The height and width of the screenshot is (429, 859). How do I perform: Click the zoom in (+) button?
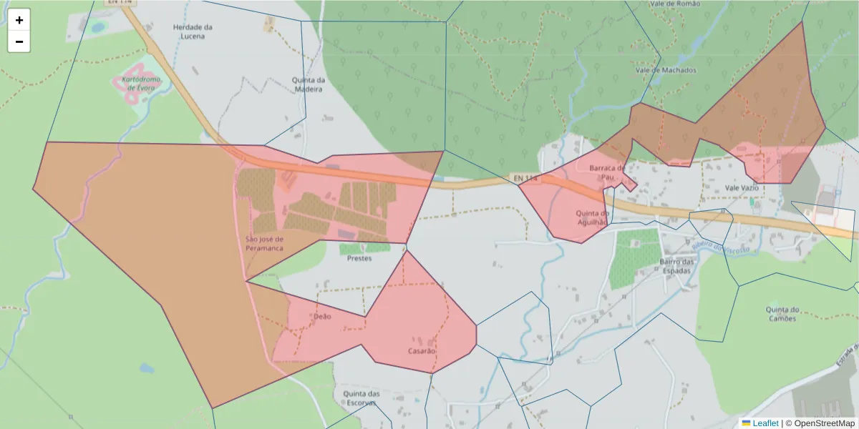[x=19, y=20]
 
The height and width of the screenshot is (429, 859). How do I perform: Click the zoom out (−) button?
[x=19, y=41]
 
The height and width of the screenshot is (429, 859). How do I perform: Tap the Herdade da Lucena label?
[x=193, y=31]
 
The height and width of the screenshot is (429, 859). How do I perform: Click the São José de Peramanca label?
[x=265, y=243]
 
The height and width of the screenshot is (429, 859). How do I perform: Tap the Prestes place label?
[x=359, y=258]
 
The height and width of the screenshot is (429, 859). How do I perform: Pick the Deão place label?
[x=322, y=316]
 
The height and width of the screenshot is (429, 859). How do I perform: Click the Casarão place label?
[x=422, y=351]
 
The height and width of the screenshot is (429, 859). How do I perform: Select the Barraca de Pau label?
[x=608, y=172]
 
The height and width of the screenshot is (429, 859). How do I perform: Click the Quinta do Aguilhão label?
[x=592, y=217]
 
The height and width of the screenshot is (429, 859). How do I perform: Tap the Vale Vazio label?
[x=741, y=187]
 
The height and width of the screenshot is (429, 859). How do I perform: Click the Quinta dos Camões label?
[x=781, y=314]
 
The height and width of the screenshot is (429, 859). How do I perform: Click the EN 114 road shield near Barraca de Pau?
[x=525, y=177]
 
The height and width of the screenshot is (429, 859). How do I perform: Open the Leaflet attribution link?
[x=765, y=423]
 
